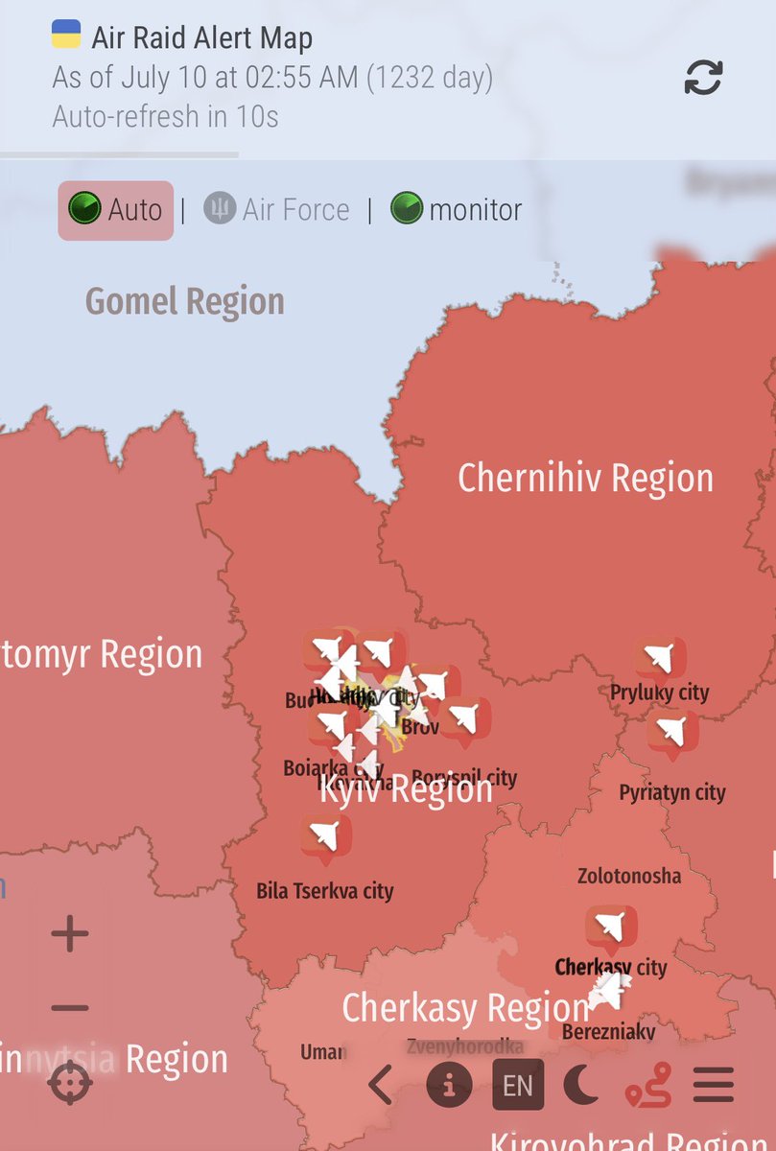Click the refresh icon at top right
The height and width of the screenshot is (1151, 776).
tap(703, 78)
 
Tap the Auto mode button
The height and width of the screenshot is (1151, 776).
tap(116, 210)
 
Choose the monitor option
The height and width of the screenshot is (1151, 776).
tap(457, 210)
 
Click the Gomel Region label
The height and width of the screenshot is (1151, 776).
tap(185, 301)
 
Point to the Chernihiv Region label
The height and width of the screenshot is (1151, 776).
tap(585, 478)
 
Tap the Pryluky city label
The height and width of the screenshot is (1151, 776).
tap(659, 693)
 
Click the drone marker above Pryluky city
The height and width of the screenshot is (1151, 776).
tap(660, 659)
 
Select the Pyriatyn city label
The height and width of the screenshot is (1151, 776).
tap(671, 792)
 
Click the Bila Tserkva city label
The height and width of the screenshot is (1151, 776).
tap(325, 891)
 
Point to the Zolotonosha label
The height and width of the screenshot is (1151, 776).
tap(629, 876)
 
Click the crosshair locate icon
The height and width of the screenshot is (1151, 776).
tap(70, 1084)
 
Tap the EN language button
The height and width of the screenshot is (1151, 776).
tap(518, 1085)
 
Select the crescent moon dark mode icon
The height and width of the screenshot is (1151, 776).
tap(580, 1085)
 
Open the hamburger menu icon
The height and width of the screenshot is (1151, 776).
tap(713, 1085)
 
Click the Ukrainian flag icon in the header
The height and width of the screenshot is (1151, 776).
tap(66, 35)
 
